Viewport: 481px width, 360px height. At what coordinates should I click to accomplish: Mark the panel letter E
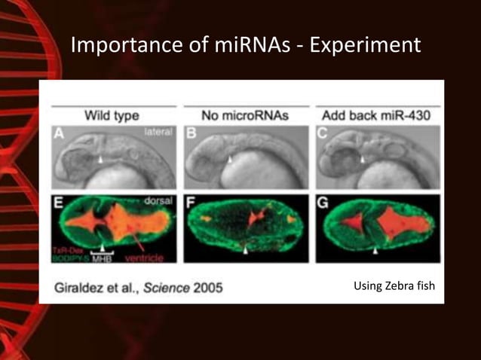click(x=58, y=203)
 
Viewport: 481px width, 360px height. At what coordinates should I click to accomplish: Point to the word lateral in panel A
click(x=159, y=132)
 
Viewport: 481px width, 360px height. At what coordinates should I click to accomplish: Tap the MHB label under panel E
click(x=102, y=258)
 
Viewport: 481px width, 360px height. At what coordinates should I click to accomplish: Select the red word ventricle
click(x=148, y=257)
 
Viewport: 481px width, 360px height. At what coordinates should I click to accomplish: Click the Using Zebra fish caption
click(x=393, y=285)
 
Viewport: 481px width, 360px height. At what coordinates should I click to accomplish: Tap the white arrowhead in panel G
click(x=375, y=252)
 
